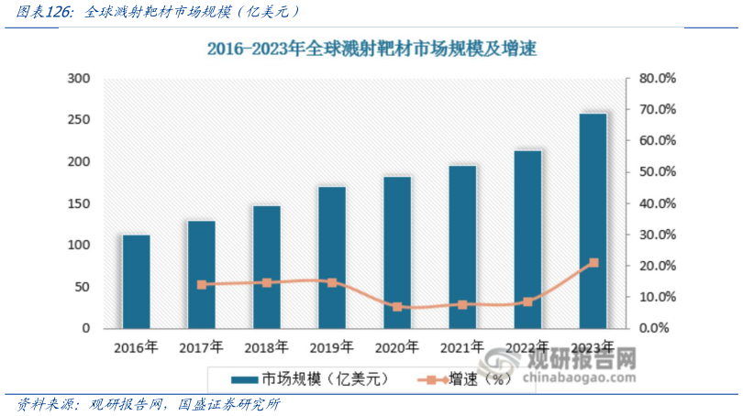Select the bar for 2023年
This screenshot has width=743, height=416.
pos(593,220)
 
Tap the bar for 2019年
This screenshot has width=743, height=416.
pos(332,257)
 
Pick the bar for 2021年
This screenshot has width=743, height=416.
pos(462,246)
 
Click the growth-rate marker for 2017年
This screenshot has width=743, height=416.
pos(202,285)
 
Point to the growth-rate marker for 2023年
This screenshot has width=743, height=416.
pos(593,263)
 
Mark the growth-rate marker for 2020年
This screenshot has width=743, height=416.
pos(397,307)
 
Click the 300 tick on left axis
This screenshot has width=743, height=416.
pos(79,79)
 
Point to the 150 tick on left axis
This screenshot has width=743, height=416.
pos(79,203)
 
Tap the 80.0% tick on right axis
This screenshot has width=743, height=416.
pos(657,79)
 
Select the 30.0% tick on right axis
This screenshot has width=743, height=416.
pos(657,235)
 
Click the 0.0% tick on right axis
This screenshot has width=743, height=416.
pos(657,328)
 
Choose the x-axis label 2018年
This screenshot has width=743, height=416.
pos(267,347)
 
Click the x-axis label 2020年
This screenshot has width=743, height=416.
pos(397,347)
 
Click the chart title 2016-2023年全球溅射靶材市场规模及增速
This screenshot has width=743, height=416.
pos(371,49)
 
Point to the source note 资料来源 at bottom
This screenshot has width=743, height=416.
pos(147,404)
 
